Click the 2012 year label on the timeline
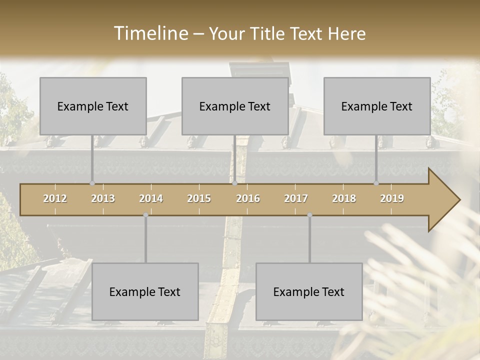55,198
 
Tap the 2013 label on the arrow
103,198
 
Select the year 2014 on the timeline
151,198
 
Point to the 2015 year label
199,198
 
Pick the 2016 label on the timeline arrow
248,198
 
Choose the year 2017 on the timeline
296,198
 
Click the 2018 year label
344,198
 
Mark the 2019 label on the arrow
392,198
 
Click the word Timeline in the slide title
150,33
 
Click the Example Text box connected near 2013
93,106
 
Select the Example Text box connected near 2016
235,106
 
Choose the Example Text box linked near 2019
377,106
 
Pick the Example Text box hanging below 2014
145,291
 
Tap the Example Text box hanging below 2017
309,291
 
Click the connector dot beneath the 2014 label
145,215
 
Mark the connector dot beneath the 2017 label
309,215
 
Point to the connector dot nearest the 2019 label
376,183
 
